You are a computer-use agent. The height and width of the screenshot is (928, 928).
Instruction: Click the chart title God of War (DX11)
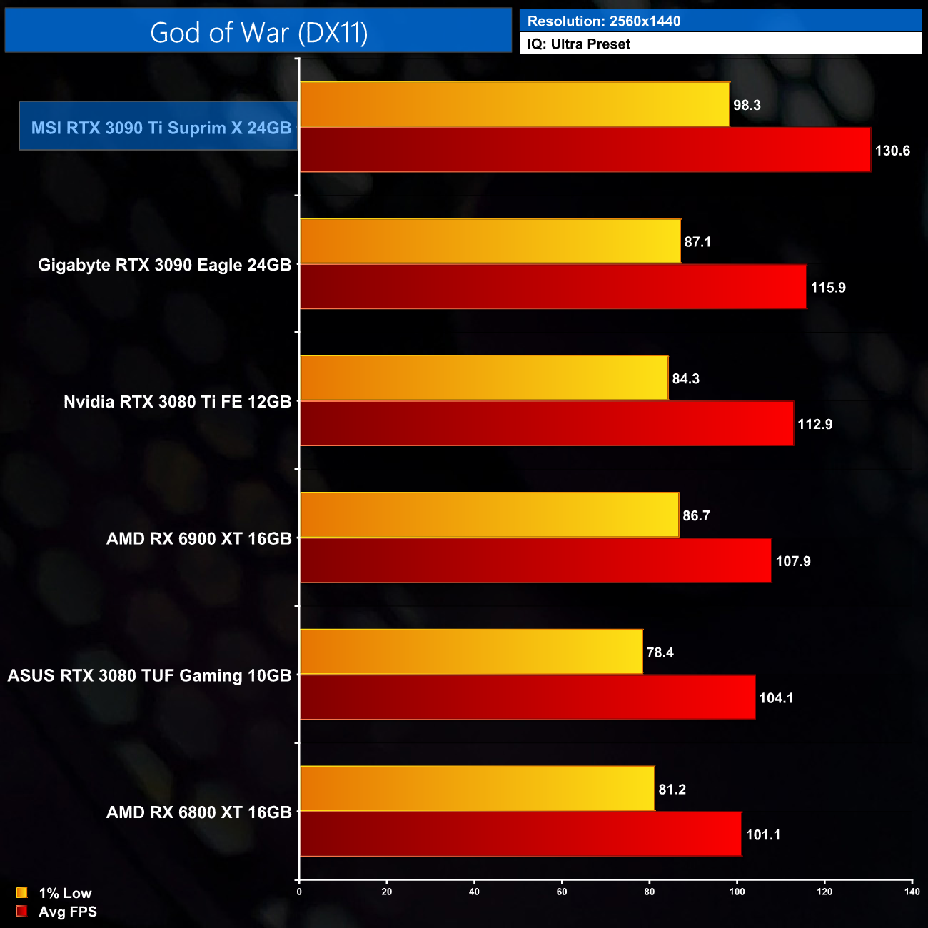point(258,32)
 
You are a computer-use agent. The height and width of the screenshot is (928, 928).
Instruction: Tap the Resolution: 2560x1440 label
point(603,21)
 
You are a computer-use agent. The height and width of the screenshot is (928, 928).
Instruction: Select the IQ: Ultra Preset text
point(578,44)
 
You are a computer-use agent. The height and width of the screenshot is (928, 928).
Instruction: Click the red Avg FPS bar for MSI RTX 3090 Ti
point(585,150)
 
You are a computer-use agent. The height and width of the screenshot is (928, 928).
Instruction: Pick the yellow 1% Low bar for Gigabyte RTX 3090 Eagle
point(490,241)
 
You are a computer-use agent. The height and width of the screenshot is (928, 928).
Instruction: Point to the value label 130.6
point(892,151)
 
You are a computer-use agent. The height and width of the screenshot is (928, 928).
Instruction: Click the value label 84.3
point(685,379)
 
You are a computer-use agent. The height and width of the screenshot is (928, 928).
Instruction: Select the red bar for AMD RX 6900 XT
point(535,561)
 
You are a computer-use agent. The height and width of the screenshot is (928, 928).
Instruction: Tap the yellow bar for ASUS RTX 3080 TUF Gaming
point(471,652)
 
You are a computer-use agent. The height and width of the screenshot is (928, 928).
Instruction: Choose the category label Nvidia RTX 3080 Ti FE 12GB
point(177,402)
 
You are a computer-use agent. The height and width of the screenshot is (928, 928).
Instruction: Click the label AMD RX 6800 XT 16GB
point(198,812)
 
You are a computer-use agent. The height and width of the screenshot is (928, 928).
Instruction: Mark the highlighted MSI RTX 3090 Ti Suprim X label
point(161,128)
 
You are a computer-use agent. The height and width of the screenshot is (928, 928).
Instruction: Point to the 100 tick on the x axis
point(737,892)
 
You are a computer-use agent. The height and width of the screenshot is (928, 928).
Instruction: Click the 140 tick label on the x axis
point(912,892)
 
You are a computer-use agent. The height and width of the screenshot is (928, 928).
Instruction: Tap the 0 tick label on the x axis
point(299,892)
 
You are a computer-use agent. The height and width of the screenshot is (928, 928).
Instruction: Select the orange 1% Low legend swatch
point(21,892)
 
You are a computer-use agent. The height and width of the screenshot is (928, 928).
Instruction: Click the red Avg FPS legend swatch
point(21,911)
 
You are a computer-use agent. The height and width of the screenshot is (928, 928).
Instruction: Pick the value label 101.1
point(762,835)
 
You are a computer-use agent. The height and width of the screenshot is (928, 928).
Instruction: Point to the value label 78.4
point(660,652)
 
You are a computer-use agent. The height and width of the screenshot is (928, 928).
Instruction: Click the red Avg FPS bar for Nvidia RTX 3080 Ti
point(547,424)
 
